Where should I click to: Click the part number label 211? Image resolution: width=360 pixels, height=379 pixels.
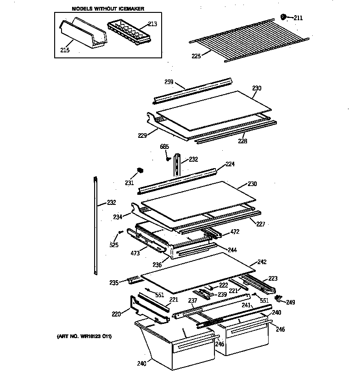click(298, 18)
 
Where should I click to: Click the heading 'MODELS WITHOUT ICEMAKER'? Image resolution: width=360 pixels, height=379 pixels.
click(107, 9)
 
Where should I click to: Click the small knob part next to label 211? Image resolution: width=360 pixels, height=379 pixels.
click(283, 17)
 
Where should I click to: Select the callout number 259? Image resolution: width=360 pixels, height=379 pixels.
click(169, 83)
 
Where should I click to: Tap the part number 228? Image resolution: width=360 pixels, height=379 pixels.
click(242, 141)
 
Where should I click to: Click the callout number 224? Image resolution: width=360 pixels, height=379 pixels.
click(230, 164)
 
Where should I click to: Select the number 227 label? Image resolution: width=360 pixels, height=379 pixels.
click(261, 224)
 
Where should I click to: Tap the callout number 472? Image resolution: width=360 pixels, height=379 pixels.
click(235, 232)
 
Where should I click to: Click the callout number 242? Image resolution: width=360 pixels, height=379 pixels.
click(262, 262)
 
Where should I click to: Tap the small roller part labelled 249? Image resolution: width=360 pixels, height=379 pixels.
click(278, 298)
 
